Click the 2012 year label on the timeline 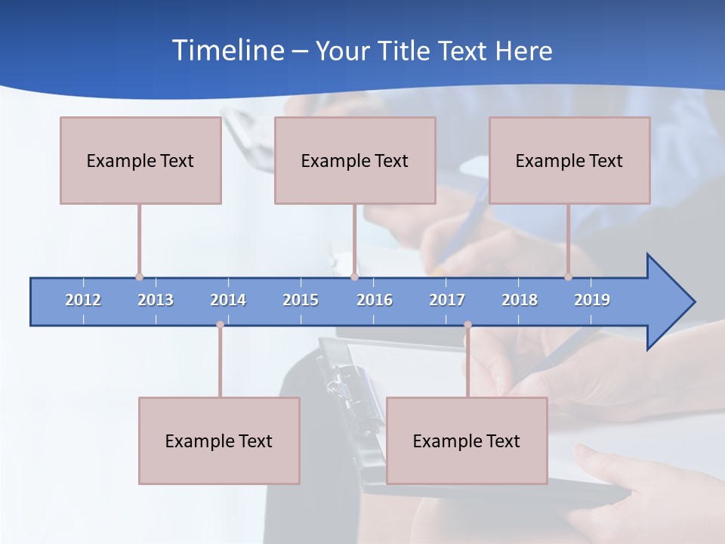[83, 300]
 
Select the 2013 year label [156, 300]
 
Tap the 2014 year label [228, 300]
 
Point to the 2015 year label [301, 300]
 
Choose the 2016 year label [375, 300]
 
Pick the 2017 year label [447, 300]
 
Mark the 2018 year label [520, 300]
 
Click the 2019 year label [592, 300]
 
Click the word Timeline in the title [227, 51]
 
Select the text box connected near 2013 [140, 160]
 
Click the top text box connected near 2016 [355, 160]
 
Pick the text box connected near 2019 [569, 160]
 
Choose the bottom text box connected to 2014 [219, 440]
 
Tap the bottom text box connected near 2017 [467, 440]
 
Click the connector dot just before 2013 [139, 277]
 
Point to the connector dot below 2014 [220, 325]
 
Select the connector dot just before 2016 [354, 277]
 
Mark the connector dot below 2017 [467, 325]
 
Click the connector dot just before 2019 [568, 277]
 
